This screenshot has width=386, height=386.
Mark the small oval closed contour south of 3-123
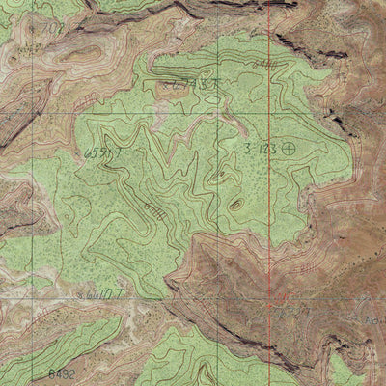pyautogui.click(x=234, y=204)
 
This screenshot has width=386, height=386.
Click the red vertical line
pyautogui.click(x=268, y=193)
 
